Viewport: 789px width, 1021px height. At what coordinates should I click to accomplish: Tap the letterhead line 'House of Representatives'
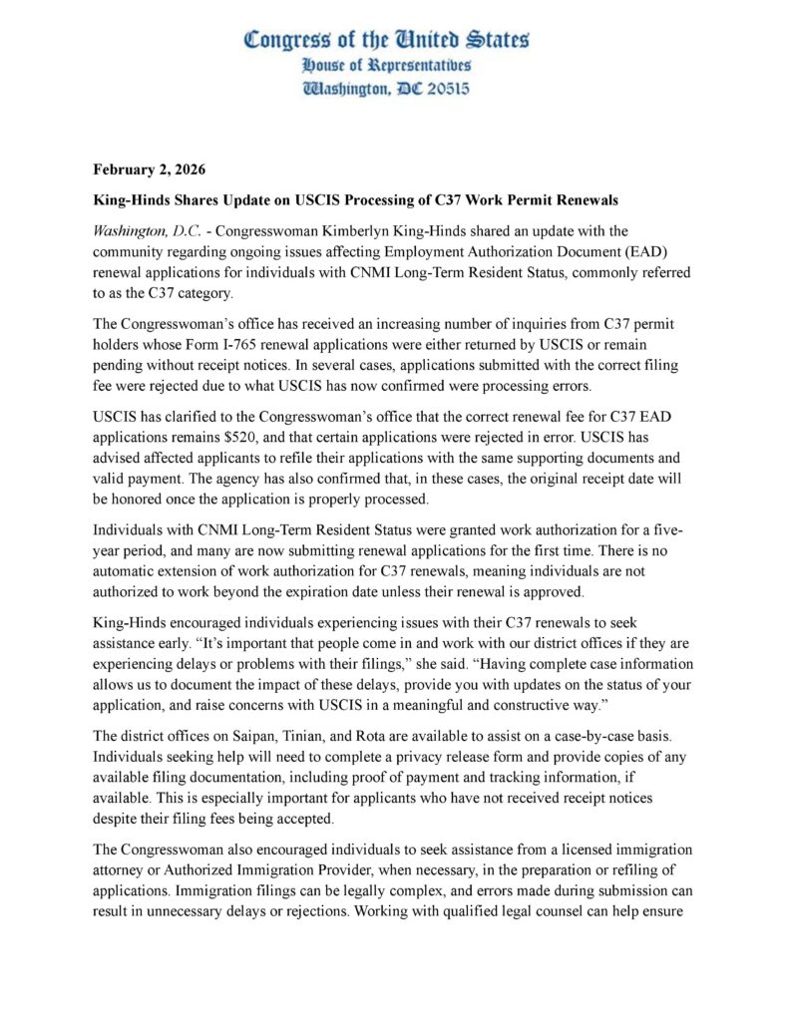[x=387, y=65]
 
